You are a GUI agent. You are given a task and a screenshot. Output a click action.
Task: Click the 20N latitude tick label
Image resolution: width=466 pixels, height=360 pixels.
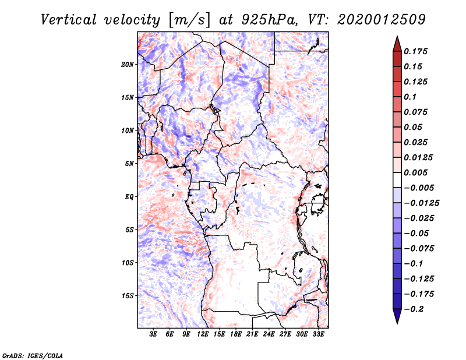[128, 64]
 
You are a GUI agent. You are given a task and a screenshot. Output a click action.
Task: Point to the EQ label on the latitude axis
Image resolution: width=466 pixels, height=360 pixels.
[129, 196]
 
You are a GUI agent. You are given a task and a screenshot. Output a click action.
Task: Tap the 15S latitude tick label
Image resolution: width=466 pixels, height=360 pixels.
[128, 295]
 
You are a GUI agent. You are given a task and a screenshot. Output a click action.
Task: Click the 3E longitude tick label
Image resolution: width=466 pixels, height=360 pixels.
[154, 335]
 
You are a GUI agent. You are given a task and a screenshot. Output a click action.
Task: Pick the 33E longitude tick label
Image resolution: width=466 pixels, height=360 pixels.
[318, 335]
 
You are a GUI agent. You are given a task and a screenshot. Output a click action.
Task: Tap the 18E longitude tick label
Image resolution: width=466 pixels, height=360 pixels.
[236, 335]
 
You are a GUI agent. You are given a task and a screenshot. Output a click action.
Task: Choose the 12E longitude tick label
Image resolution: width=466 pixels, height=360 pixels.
[203, 335]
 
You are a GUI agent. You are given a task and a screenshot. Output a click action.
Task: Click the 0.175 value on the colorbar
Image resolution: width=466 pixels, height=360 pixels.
[416, 51]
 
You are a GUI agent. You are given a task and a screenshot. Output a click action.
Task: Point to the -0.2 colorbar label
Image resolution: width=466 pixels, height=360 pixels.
[414, 309]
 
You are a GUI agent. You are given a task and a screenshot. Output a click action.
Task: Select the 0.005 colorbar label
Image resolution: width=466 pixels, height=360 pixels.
[416, 172]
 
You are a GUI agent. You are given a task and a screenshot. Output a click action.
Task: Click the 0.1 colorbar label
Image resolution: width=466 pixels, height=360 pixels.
[411, 97]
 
